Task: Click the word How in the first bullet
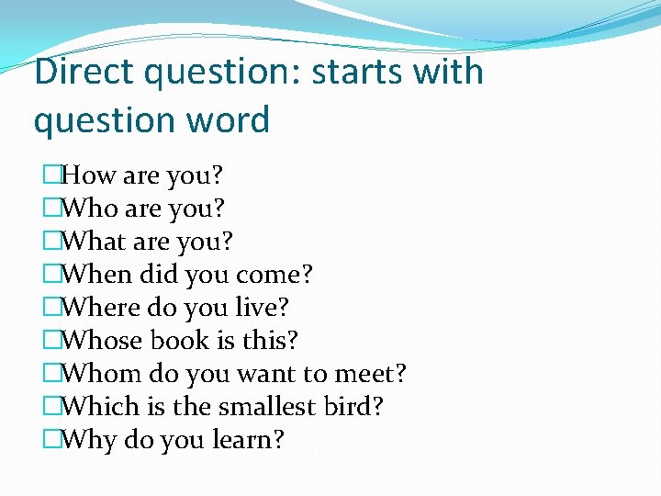pos(90,175)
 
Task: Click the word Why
pos(89,440)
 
